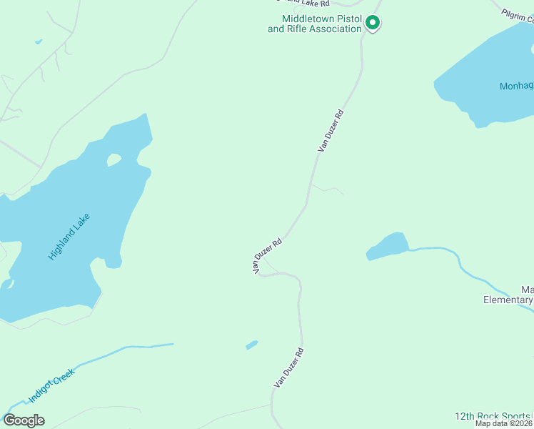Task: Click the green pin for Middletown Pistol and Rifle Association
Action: tap(372, 24)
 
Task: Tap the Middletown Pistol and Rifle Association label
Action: tap(315, 24)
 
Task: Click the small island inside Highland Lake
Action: tap(114, 159)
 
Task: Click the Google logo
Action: tap(24, 420)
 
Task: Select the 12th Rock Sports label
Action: tap(493, 416)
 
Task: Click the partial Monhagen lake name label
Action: tap(516, 87)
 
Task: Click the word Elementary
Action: tap(508, 300)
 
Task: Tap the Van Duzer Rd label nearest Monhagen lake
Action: tap(331, 129)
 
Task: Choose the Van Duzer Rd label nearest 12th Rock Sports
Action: tap(289, 368)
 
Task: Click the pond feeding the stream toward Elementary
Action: tap(387, 245)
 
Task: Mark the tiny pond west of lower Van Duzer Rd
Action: tap(251, 345)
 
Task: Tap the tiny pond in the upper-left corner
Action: tap(38, 41)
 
